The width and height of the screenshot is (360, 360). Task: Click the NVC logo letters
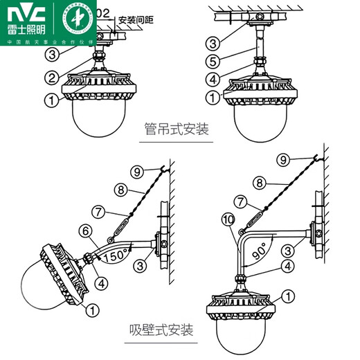[24, 13]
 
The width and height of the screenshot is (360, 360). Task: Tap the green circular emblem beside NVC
[73, 19]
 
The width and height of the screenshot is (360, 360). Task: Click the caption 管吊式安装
[177, 129]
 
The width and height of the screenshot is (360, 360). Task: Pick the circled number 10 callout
[228, 220]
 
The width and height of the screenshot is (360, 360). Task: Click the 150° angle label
[116, 255]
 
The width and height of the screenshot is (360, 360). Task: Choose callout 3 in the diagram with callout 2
[53, 53]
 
